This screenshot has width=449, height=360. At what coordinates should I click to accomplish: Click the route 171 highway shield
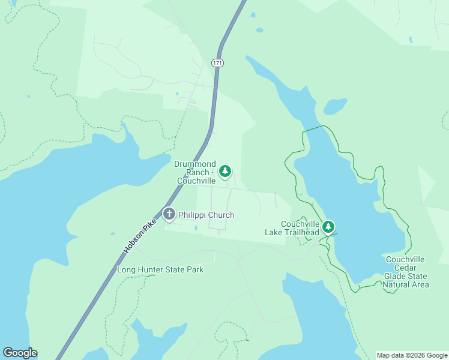217,62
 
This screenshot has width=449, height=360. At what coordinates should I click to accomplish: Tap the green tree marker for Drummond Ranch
225,172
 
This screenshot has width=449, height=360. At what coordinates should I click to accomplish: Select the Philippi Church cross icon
169,214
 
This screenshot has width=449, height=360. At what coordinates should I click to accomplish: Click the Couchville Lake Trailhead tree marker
328,226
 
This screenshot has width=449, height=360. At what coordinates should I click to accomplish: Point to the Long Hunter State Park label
160,269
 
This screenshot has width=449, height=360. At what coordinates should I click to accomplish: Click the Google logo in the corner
20,353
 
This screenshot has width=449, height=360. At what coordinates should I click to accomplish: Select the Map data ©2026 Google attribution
412,355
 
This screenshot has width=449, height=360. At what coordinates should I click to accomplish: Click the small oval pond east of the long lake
335,107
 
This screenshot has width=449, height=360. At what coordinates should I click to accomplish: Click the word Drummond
194,164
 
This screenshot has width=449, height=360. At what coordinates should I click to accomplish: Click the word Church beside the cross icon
221,215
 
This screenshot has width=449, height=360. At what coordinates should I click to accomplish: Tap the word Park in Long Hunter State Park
194,269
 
